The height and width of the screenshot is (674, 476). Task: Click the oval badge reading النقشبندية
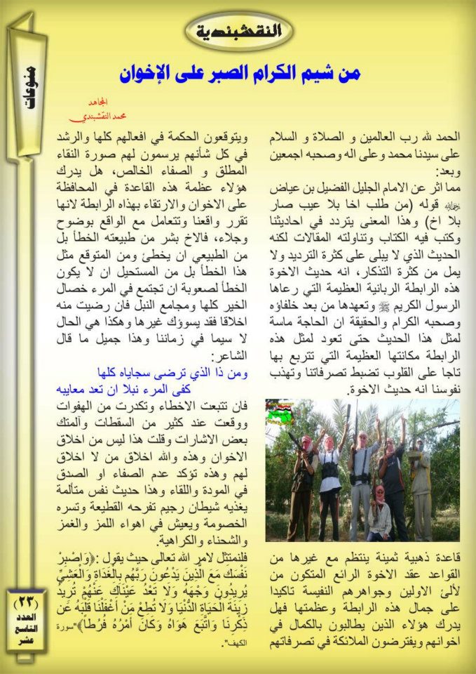[238, 31]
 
